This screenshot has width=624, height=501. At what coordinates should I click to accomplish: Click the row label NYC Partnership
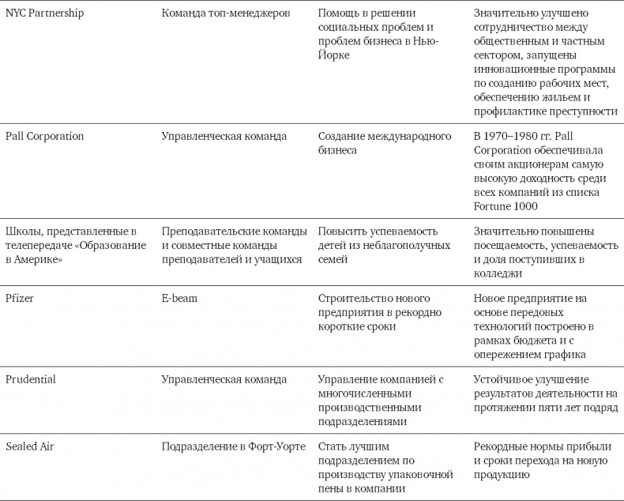tap(44, 13)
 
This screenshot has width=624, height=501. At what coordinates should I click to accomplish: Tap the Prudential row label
tap(31, 379)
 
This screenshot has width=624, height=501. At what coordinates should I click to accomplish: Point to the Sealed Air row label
tap(29, 446)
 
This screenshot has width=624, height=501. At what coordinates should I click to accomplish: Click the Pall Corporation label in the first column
tap(44, 136)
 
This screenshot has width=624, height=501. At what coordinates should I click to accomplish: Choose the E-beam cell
tap(180, 298)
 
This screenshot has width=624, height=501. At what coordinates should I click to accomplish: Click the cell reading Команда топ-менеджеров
tap(225, 13)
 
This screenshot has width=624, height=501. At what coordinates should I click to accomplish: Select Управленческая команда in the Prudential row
tap(224, 379)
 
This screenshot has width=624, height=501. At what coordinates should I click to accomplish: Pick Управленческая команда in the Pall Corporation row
tap(224, 136)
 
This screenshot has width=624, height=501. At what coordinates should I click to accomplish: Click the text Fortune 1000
tap(506, 206)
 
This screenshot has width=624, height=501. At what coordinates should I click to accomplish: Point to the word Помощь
tap(340, 13)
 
